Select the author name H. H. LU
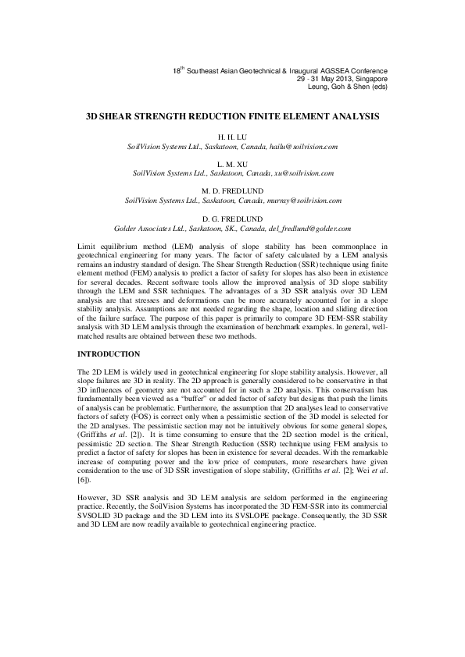pyautogui.click(x=232, y=137)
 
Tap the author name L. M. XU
pyautogui.click(x=232, y=162)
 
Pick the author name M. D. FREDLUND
pyautogui.click(x=232, y=190)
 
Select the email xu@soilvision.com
pyautogui.click(x=303, y=172)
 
